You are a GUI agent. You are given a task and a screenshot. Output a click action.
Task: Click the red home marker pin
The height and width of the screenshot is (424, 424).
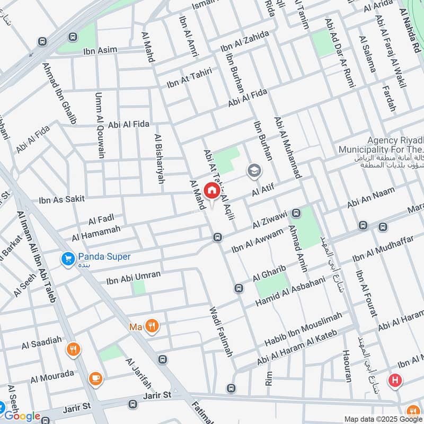click(x=211, y=190)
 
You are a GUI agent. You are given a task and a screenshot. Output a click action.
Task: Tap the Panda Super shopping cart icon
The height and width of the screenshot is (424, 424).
click(x=67, y=258)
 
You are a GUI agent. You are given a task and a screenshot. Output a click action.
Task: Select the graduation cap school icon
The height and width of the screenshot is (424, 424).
click(x=254, y=170)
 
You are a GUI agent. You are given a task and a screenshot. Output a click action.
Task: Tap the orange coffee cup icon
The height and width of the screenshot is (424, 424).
click(x=95, y=377)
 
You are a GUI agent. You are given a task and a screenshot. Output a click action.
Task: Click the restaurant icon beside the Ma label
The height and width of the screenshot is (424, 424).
click(x=152, y=326)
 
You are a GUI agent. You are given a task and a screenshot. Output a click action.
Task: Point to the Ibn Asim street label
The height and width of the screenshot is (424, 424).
click(x=100, y=51)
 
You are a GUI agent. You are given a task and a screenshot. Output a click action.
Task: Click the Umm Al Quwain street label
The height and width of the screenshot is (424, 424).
click(x=99, y=126)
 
